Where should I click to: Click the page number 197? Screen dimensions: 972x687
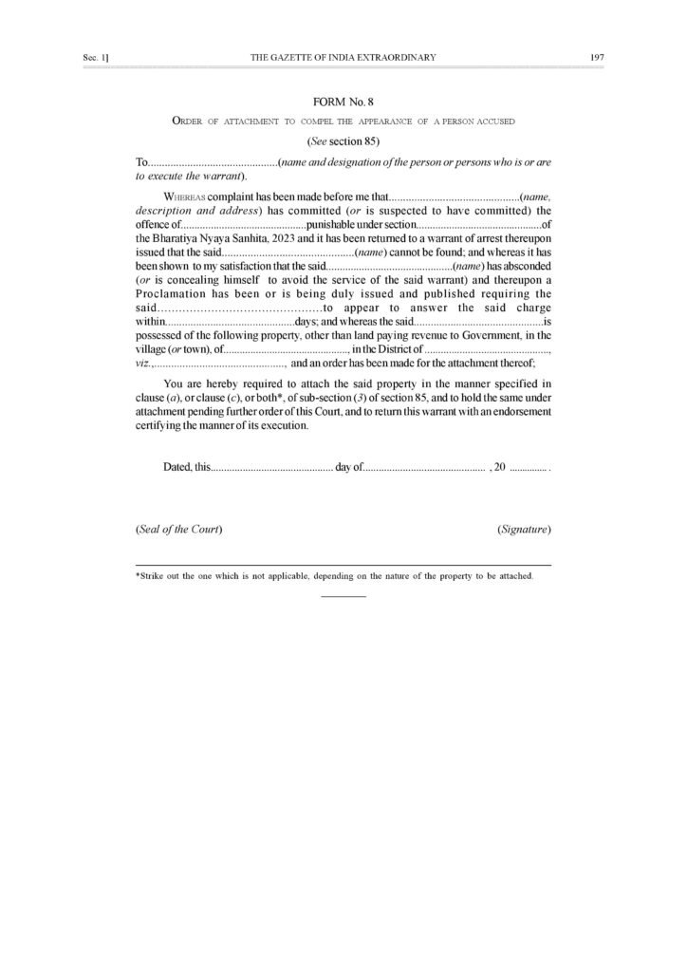(597, 58)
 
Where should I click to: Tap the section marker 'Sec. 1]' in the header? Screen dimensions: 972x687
(96, 58)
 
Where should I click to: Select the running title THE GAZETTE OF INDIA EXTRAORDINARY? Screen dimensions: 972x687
(343, 58)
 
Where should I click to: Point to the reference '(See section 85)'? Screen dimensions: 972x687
(343, 141)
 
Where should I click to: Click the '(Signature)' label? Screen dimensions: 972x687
(524, 529)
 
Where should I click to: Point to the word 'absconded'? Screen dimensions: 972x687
(520, 267)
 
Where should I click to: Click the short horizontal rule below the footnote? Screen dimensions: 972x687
(343, 596)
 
